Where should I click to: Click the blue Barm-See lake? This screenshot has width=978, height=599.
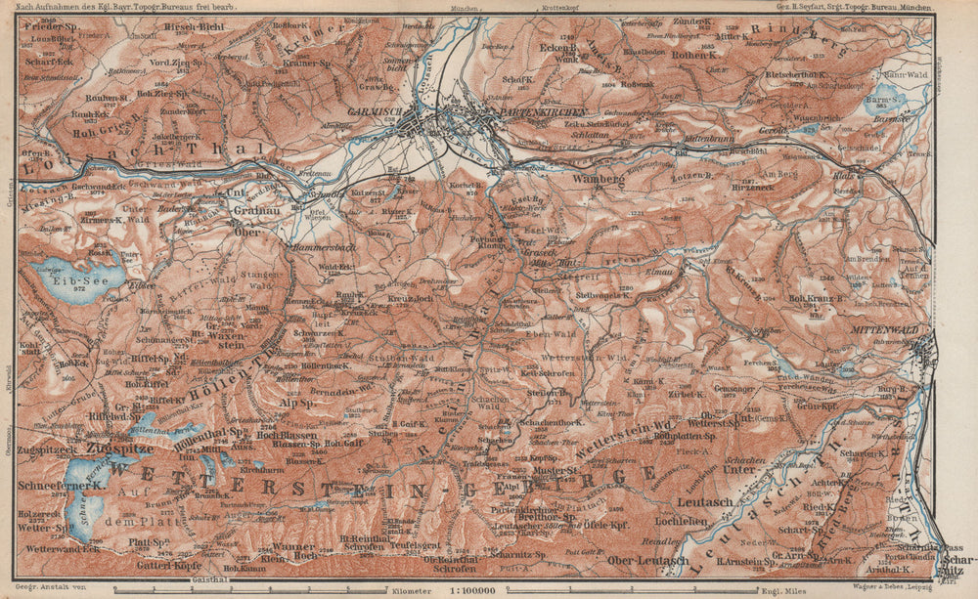pos(885,101)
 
